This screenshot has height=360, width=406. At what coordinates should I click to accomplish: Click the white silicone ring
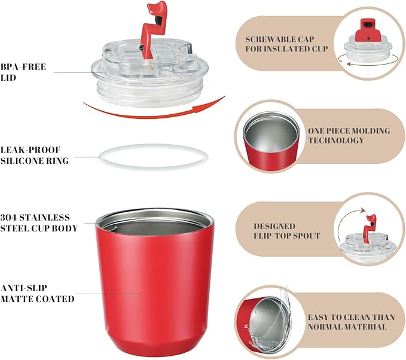[x=153, y=145]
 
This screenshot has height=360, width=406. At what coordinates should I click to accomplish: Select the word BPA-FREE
[x=23, y=67]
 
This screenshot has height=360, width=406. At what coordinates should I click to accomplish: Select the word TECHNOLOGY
[x=335, y=141]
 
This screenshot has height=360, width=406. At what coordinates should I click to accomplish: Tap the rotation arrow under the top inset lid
[x=368, y=62]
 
